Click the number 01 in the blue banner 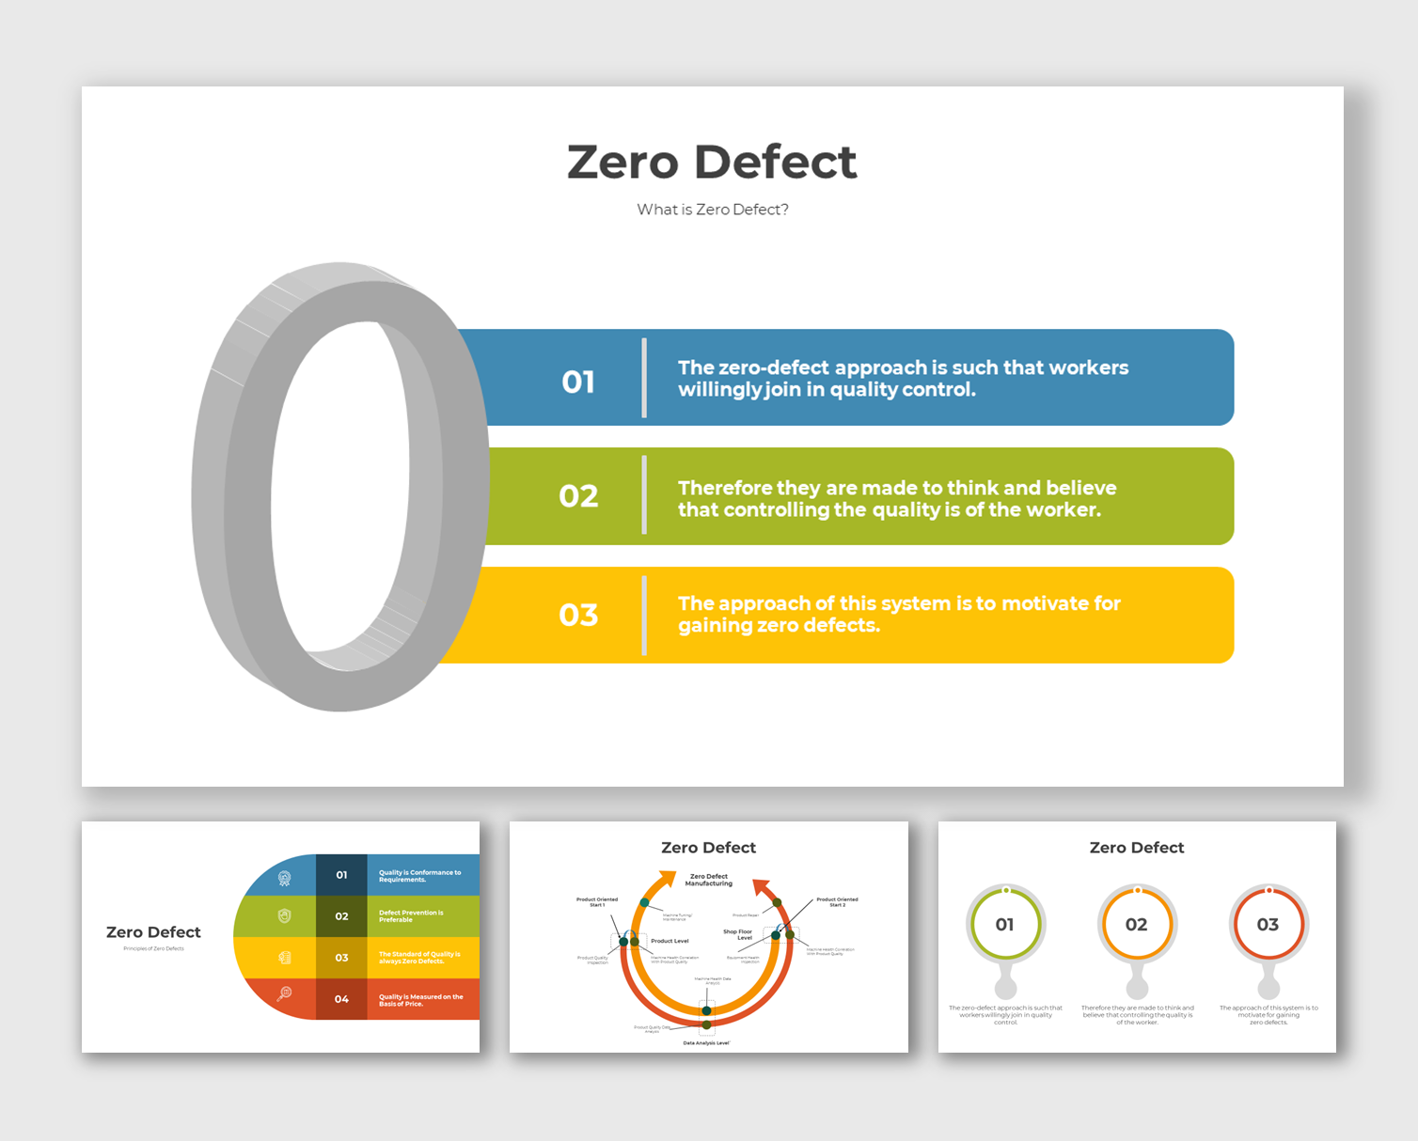(578, 382)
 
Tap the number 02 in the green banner (578, 496)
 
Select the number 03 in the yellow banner (578, 615)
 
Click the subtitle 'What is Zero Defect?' (713, 210)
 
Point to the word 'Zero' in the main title (622, 162)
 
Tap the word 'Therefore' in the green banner (724, 488)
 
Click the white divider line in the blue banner (644, 378)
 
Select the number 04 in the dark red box (341, 999)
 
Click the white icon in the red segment (284, 993)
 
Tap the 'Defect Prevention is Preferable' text (411, 916)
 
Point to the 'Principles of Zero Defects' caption (153, 948)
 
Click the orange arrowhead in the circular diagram (667, 880)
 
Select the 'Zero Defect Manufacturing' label (709, 880)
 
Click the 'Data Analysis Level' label (706, 1043)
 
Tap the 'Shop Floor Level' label (738, 934)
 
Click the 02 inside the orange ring (1137, 925)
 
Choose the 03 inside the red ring (1268, 925)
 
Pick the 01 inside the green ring (1005, 925)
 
